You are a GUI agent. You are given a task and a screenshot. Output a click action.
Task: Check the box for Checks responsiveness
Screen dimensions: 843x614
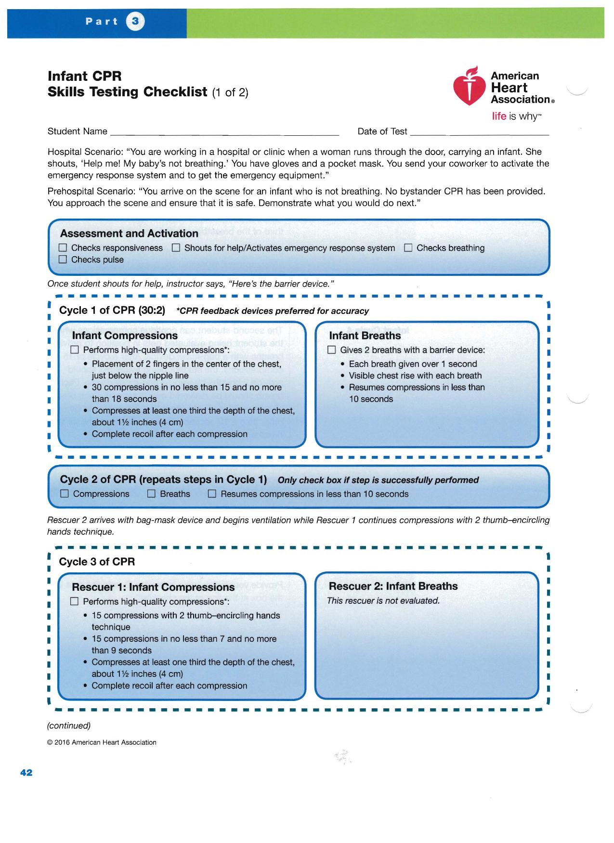click(x=63, y=248)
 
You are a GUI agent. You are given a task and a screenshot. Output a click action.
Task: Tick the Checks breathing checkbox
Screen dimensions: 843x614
click(x=408, y=248)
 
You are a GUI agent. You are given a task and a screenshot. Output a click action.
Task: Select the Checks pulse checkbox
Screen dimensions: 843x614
click(x=63, y=260)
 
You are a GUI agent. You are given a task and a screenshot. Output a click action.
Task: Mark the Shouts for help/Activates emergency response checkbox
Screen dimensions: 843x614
click(x=176, y=248)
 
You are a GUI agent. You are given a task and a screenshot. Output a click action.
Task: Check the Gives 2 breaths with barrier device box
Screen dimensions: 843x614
click(x=331, y=350)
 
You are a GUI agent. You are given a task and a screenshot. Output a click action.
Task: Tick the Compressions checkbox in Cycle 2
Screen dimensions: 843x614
click(x=64, y=494)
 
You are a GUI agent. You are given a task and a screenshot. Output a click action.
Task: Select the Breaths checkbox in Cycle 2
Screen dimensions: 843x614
click(x=151, y=494)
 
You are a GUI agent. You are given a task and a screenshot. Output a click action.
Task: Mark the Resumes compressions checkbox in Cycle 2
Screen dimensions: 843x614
click(x=212, y=494)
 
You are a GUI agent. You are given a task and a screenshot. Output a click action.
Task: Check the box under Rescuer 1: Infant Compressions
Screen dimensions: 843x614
click(x=74, y=601)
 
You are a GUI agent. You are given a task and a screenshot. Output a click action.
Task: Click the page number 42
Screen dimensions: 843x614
click(x=26, y=773)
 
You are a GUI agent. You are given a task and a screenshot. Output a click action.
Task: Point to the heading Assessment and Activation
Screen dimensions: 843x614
click(x=129, y=233)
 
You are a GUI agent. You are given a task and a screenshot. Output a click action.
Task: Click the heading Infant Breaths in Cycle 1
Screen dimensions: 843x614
click(x=365, y=336)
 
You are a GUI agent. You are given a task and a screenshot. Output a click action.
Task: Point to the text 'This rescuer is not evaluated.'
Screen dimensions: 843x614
click(x=383, y=601)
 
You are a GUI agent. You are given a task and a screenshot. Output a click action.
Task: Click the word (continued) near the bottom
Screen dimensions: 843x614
click(x=68, y=726)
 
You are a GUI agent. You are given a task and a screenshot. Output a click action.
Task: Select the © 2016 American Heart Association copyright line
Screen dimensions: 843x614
click(x=102, y=742)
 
